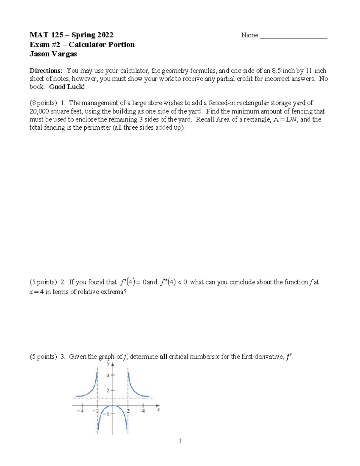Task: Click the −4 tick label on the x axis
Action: point(79,411)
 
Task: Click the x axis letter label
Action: point(158,409)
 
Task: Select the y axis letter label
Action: point(108,364)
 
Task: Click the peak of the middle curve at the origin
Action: point(113,406)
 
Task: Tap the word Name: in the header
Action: point(250,35)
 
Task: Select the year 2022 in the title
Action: point(105,35)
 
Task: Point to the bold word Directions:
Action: point(46,71)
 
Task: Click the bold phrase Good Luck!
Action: point(67,87)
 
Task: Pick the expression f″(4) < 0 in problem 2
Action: point(174,282)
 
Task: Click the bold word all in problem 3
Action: point(163,357)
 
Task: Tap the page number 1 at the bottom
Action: point(180,441)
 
